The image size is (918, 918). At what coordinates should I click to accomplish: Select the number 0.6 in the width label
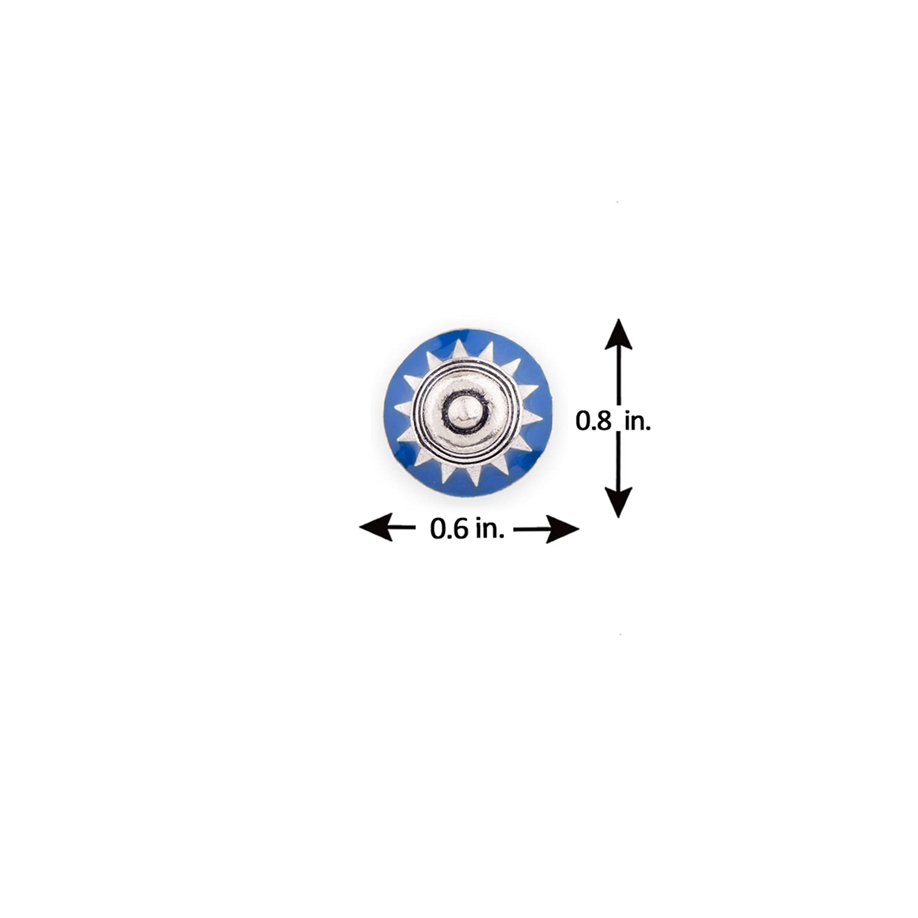click(447, 529)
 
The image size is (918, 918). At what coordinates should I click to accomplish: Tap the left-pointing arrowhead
click(375, 528)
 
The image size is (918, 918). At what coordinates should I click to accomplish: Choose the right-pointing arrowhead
click(562, 528)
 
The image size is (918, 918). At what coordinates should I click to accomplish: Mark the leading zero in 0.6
click(437, 529)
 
